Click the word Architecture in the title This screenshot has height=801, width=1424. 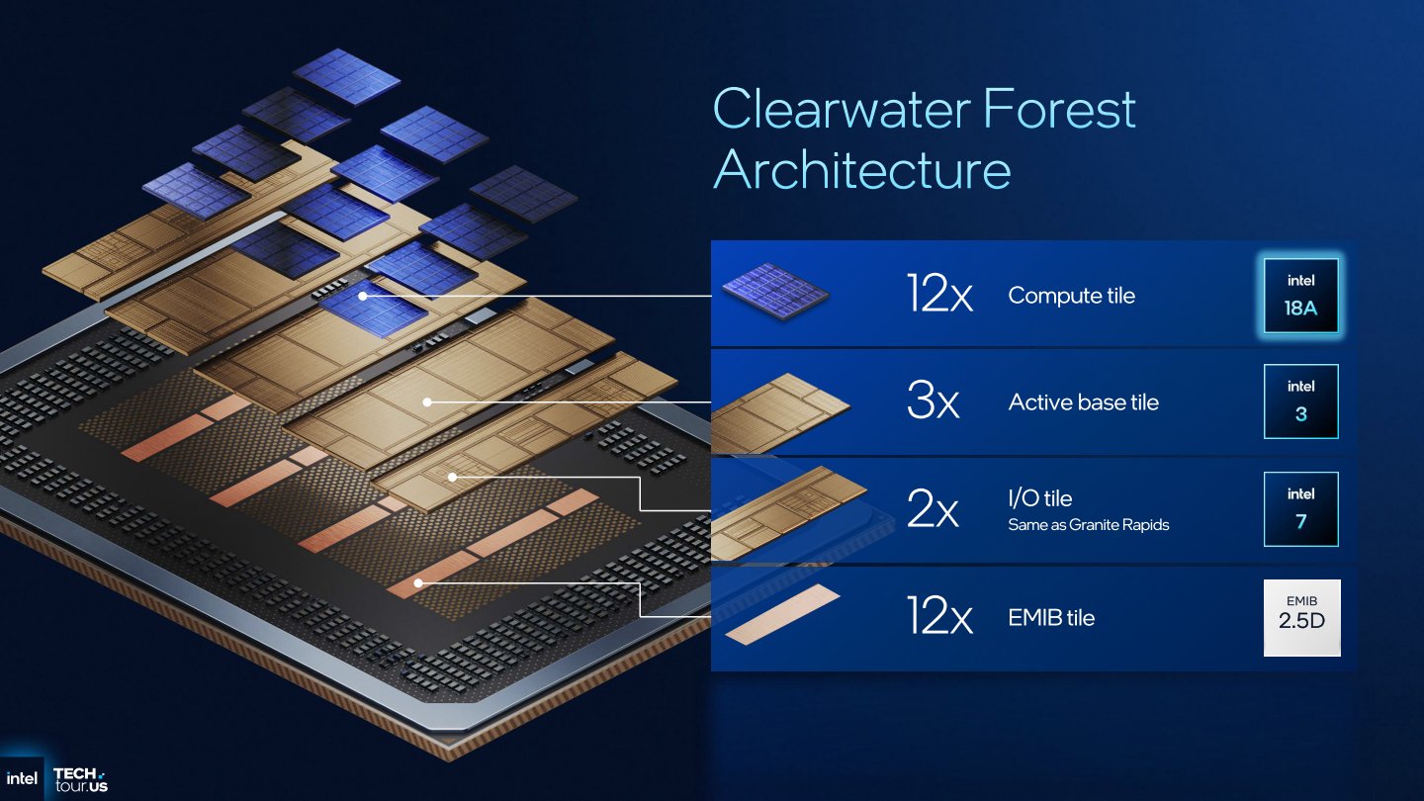861,169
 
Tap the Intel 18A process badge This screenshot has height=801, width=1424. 1300,297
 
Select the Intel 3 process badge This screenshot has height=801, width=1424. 1300,401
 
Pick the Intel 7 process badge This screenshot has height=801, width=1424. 1300,508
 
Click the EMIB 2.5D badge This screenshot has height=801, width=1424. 1301,617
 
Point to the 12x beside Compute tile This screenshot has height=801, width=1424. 939,295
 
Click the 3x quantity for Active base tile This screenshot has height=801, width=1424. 933,402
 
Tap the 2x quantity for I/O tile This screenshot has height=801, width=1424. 933,510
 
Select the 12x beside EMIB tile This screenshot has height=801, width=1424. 939,618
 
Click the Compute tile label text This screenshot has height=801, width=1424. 1071,296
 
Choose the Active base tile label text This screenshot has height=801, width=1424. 1083,402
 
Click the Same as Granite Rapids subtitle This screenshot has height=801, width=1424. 1088,525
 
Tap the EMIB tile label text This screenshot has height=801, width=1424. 1051,618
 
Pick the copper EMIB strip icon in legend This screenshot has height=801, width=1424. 782,614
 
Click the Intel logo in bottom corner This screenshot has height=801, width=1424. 22,778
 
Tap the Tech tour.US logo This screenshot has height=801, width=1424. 80,779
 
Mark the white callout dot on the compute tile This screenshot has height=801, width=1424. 363,296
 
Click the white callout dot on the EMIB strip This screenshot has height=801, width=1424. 418,583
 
